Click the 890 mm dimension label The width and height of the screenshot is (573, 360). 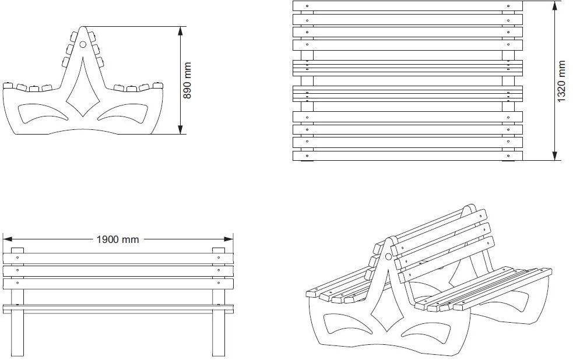pos(188,80)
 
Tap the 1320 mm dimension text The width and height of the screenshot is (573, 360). pos(561,82)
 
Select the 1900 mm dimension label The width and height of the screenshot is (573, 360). pos(118,239)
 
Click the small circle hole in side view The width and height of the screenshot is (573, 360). pos(83,44)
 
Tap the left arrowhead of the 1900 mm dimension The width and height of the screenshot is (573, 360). pos(5,239)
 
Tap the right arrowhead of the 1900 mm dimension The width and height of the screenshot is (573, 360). pos(231,239)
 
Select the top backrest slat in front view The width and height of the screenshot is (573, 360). pos(118,257)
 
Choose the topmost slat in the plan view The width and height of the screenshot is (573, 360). pos(407,6)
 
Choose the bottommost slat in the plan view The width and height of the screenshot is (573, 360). pos(407,156)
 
